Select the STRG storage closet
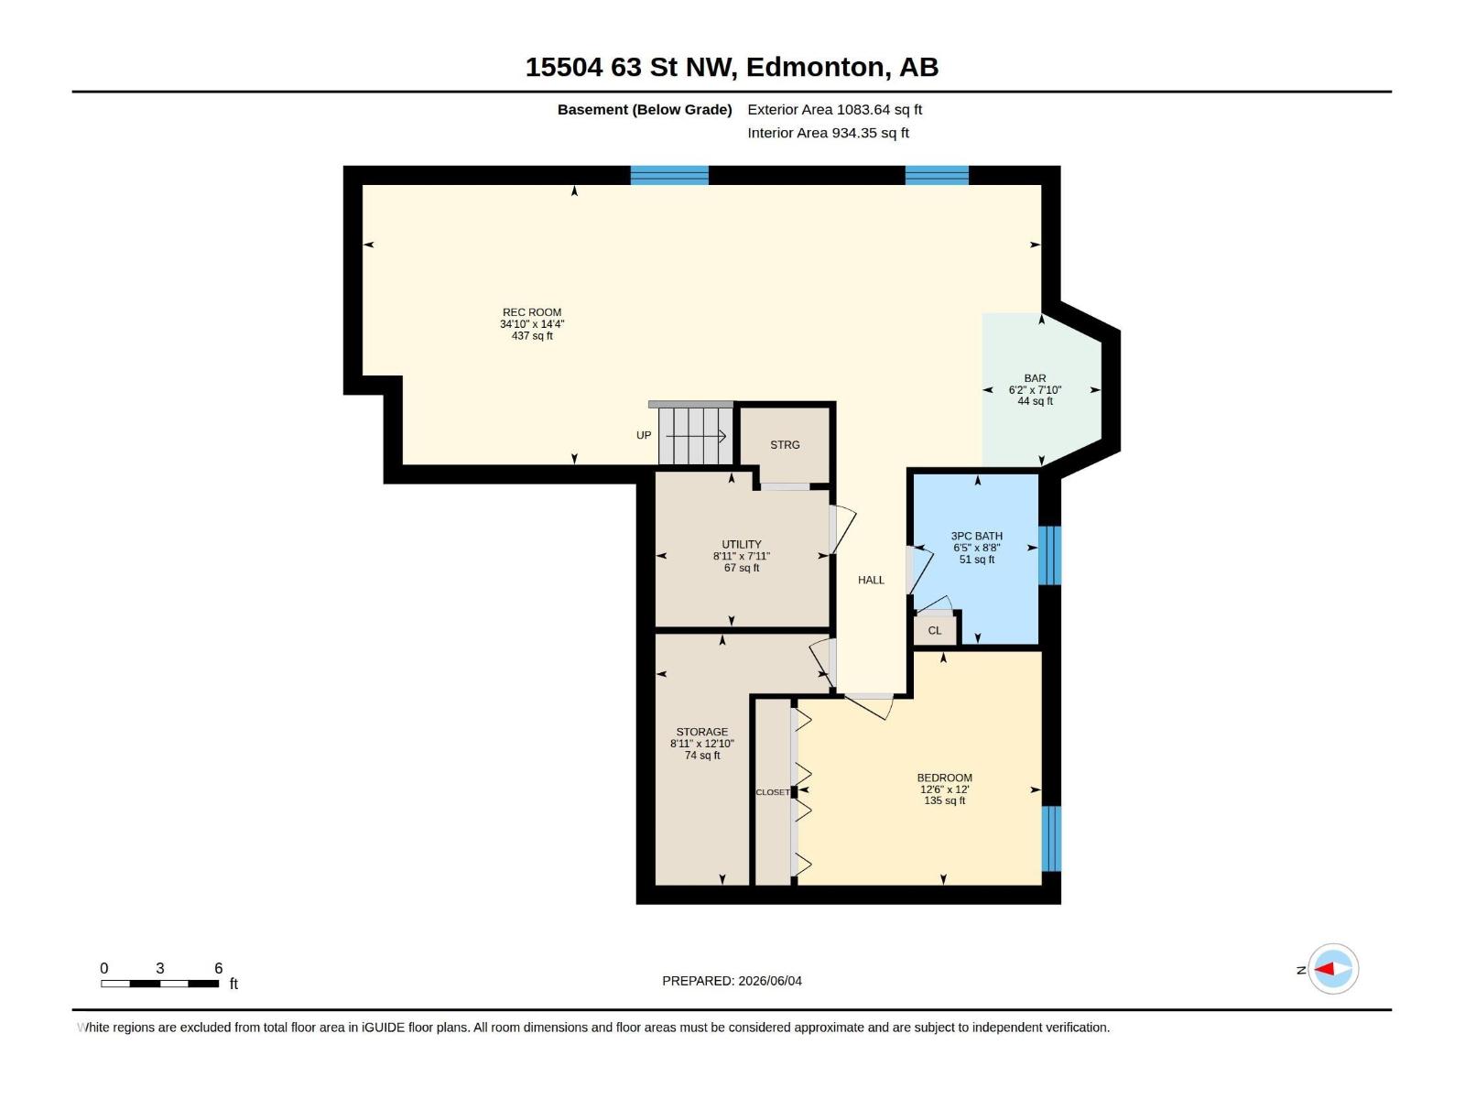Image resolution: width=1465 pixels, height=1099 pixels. (785, 445)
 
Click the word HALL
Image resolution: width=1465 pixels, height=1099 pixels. (871, 581)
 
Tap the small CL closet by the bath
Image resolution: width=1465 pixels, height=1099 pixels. (935, 631)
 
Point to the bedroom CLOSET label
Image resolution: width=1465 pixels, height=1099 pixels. (773, 792)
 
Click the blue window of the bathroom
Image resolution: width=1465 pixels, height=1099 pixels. (1050, 555)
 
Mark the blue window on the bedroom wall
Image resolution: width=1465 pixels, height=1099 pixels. (1051, 838)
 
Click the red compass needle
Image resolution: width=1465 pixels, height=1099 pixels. (1324, 968)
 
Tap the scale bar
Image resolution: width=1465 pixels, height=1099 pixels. (160, 984)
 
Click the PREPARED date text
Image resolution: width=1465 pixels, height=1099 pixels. (732, 981)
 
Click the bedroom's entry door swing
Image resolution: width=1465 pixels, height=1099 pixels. (869, 707)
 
